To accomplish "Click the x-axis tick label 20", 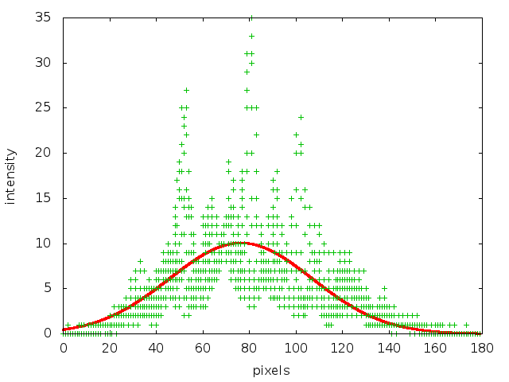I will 109,348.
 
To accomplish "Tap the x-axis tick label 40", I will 156,348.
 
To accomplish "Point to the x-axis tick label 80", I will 249,348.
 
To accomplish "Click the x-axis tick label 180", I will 481,348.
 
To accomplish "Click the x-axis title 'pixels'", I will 271,371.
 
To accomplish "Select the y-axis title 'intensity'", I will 11,175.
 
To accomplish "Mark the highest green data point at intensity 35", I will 251,18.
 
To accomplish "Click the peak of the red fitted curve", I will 240,243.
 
